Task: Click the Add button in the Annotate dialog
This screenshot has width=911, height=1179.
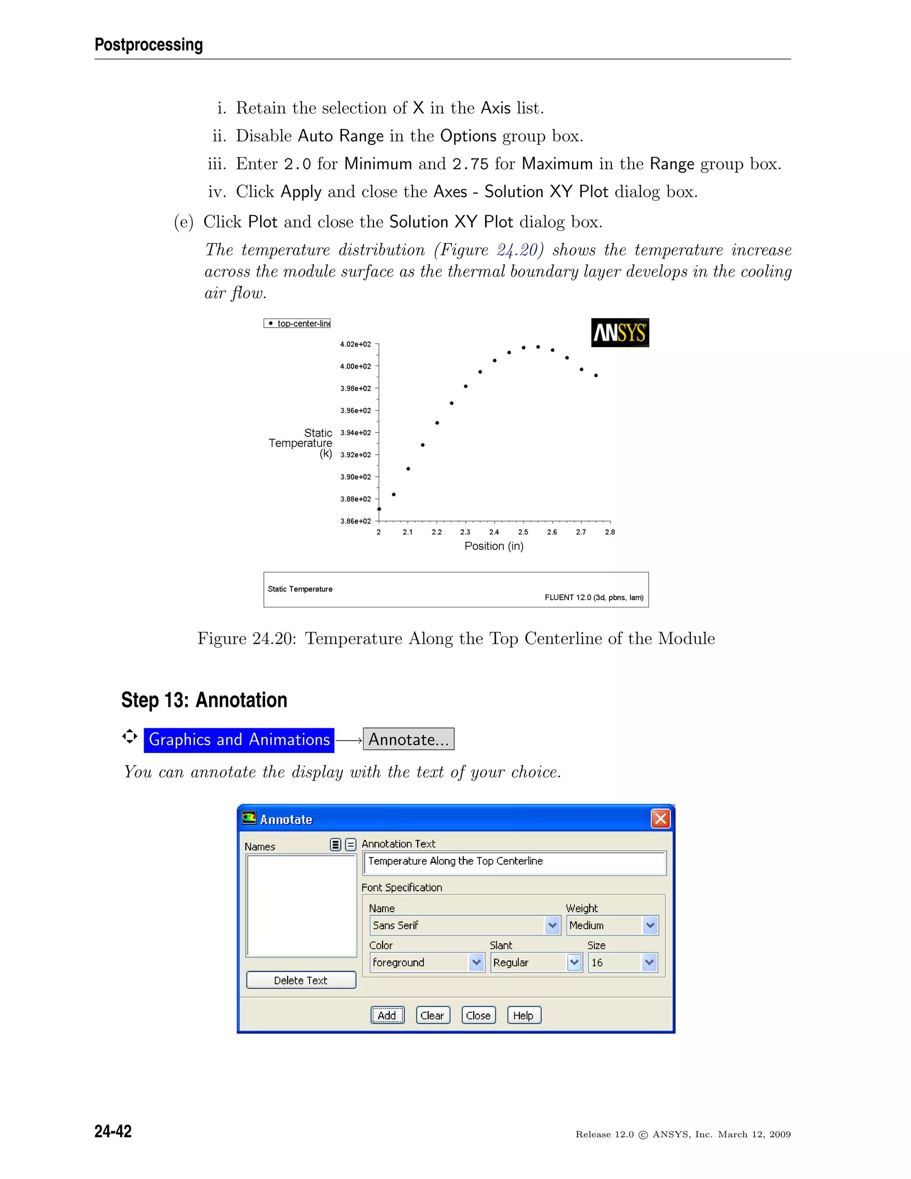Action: coord(387,1015)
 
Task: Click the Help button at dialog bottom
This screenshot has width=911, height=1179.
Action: coord(524,1015)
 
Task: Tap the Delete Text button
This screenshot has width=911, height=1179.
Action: coord(301,980)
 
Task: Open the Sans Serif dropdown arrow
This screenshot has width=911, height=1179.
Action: coord(552,925)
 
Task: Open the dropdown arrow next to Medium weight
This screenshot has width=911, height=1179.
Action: coord(650,925)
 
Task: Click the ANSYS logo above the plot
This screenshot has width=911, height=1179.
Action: coord(620,332)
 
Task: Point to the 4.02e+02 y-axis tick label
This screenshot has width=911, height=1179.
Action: coord(355,344)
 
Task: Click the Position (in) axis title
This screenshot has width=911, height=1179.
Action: coord(494,546)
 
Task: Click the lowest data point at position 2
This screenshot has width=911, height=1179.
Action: coord(379,509)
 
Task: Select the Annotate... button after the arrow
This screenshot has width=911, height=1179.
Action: coord(408,739)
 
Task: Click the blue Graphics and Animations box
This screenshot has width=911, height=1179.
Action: coord(238,739)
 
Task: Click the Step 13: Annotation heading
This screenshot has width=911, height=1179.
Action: coord(204,700)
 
